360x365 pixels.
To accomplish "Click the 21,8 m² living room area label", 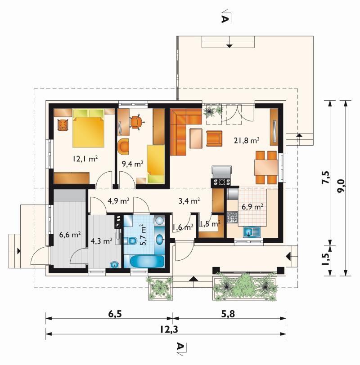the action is click(x=247, y=141).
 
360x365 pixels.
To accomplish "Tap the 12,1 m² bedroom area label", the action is click(x=85, y=159).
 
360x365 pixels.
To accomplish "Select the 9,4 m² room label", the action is click(x=133, y=164).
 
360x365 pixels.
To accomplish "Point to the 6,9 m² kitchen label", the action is click(x=252, y=206).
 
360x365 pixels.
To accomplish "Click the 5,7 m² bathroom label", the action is click(x=143, y=235).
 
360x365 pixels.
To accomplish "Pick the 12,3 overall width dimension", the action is click(x=169, y=329).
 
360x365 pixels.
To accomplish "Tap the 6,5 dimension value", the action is click(x=115, y=314).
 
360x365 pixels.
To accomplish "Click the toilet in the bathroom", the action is click(x=130, y=240).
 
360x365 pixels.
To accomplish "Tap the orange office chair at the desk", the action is click(x=136, y=122).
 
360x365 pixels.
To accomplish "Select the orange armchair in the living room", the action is click(x=214, y=139).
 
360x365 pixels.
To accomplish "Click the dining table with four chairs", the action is click(x=266, y=167).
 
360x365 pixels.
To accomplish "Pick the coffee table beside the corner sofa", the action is click(x=196, y=138).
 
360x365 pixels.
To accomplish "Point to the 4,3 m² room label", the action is click(x=102, y=240).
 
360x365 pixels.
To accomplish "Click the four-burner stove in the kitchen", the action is click(x=232, y=217).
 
